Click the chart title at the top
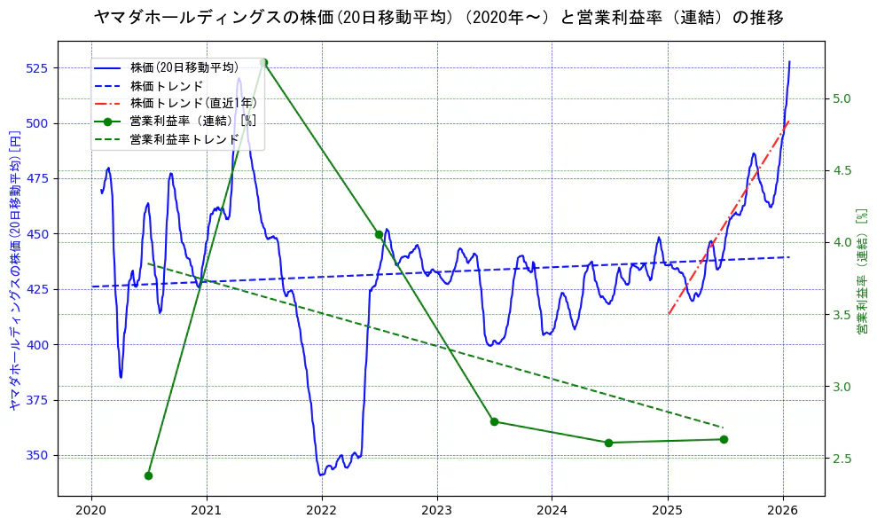click(438, 17)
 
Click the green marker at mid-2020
click(148, 475)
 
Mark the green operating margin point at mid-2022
click(379, 234)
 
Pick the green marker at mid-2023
click(494, 421)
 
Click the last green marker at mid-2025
click(724, 439)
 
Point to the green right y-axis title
click(861, 271)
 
